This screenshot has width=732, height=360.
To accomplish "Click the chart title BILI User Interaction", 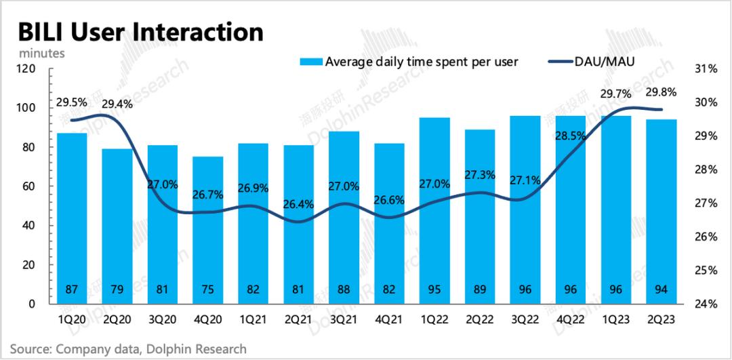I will point(140,33).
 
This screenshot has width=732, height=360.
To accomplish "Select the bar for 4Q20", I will point(207,231).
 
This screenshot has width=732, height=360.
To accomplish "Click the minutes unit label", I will point(42,52).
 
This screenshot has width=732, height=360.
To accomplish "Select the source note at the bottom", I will point(129,348).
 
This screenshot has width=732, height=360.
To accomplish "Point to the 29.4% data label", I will point(117,104).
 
